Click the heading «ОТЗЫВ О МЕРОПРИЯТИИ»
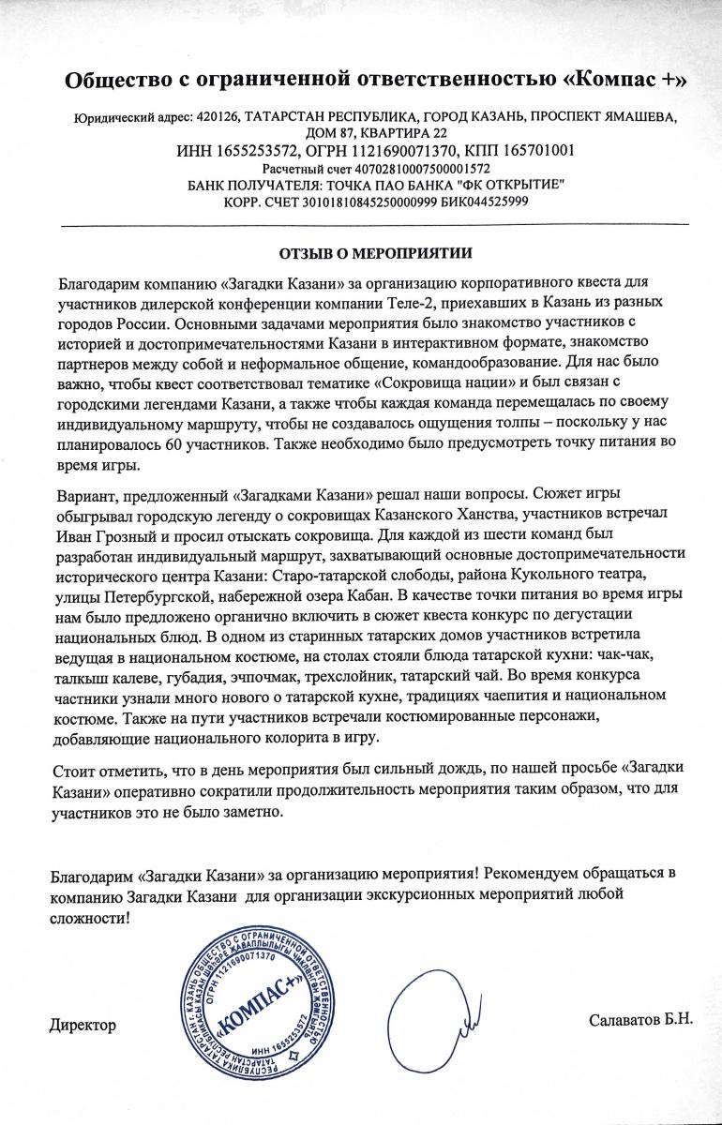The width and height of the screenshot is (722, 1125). click(377, 253)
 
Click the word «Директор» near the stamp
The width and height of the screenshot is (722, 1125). click(83, 1025)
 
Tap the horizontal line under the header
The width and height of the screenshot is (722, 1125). click(375, 226)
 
